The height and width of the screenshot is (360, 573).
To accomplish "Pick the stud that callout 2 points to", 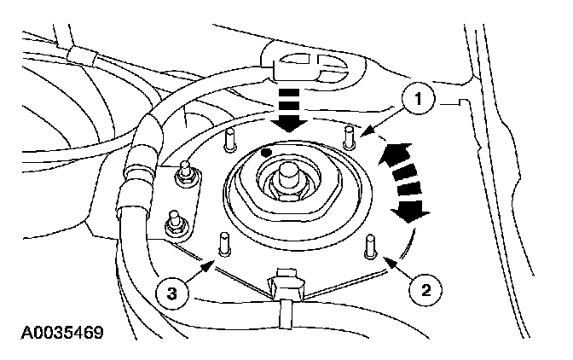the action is tap(371, 245).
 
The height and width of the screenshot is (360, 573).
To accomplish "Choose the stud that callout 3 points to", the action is tap(224, 242).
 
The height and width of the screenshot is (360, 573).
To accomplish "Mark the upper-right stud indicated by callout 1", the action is tap(349, 135).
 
